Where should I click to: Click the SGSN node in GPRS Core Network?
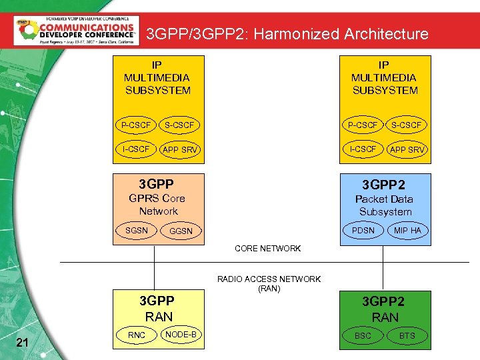137,230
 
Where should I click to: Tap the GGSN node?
181,231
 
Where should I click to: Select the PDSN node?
363,231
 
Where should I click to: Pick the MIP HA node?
407,231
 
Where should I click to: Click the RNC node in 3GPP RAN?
137,335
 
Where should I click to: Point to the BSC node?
363,335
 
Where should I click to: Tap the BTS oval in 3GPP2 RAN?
407,335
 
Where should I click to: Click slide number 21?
22,343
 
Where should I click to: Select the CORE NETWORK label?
267,249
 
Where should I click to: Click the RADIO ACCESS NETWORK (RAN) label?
269,284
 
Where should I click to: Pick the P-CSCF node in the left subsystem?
136,125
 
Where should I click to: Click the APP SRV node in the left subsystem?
180,150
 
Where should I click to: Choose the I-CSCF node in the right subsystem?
363,149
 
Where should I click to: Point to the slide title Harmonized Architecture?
287,33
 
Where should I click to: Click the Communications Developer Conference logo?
77,30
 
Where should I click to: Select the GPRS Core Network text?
157,205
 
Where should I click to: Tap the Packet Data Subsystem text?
385,205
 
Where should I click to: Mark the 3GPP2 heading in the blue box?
383,184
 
